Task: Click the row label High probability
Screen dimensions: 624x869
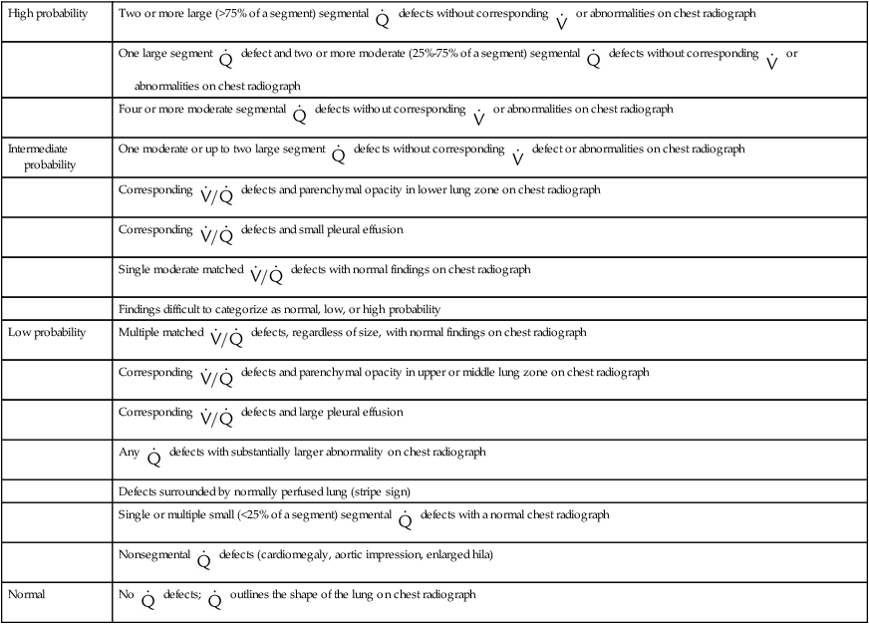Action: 48,15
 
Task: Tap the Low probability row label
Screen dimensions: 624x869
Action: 47,330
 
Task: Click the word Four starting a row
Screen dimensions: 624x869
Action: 131,109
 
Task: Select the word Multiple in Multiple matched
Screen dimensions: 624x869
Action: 139,331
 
